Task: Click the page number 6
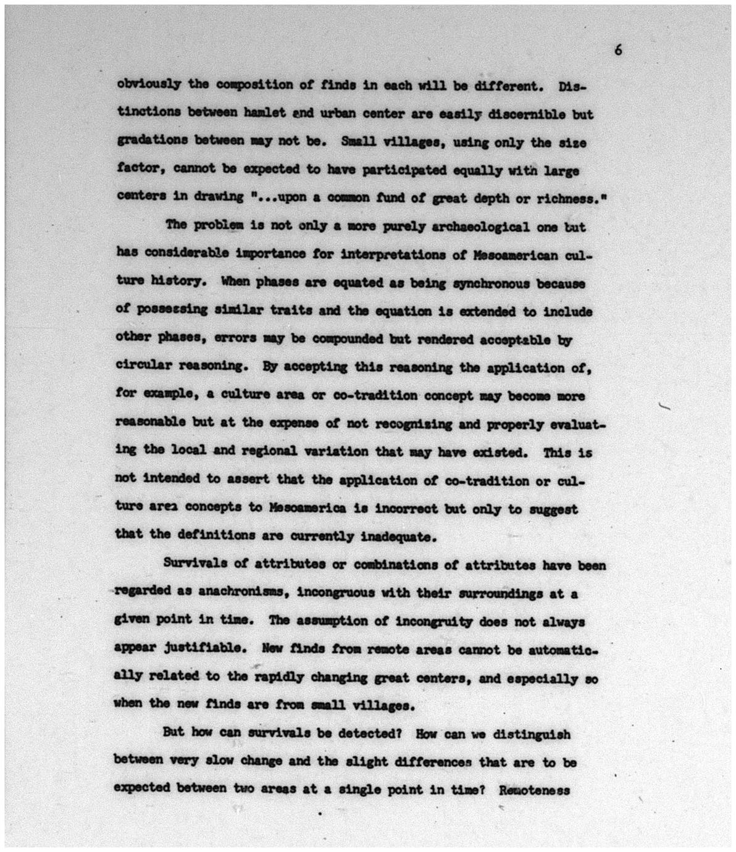coord(618,50)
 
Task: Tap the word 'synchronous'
coord(491,283)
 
